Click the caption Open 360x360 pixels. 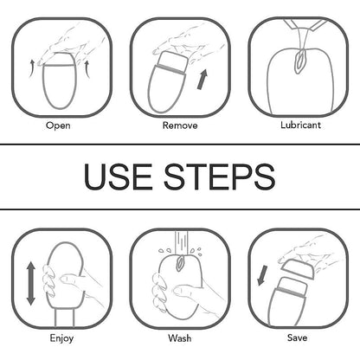pyautogui.click(x=58, y=125)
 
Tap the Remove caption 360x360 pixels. pyautogui.click(x=180, y=125)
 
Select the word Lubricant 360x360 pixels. pyautogui.click(x=300, y=125)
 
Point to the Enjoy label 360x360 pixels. pyautogui.click(x=61, y=338)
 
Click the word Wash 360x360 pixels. pyautogui.click(x=180, y=337)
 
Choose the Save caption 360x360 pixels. pyautogui.click(x=297, y=337)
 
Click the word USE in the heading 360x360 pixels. pyautogui.click(x=118, y=177)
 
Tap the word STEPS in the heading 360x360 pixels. pyautogui.click(x=220, y=177)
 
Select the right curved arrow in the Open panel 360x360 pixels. pyautogui.click(x=87, y=69)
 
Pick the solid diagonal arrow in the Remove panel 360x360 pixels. pyautogui.click(x=202, y=79)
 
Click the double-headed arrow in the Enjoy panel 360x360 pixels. pyautogui.click(x=30, y=283)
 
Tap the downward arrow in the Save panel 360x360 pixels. pyautogui.click(x=262, y=275)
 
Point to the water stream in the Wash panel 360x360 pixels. pyautogui.click(x=181, y=242)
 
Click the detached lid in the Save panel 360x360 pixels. pyautogui.click(x=298, y=269)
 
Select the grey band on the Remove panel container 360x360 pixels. pyautogui.click(x=170, y=70)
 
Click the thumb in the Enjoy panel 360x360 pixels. pyautogui.click(x=71, y=280)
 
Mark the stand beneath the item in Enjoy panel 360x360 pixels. pyautogui.click(x=64, y=318)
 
